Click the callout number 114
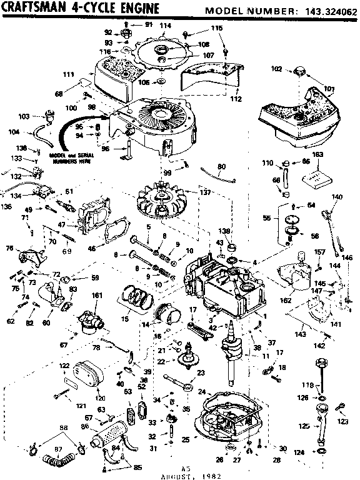point(165,26)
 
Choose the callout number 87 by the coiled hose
point(42,449)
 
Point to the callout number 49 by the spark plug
point(28,209)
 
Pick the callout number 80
point(221,166)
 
